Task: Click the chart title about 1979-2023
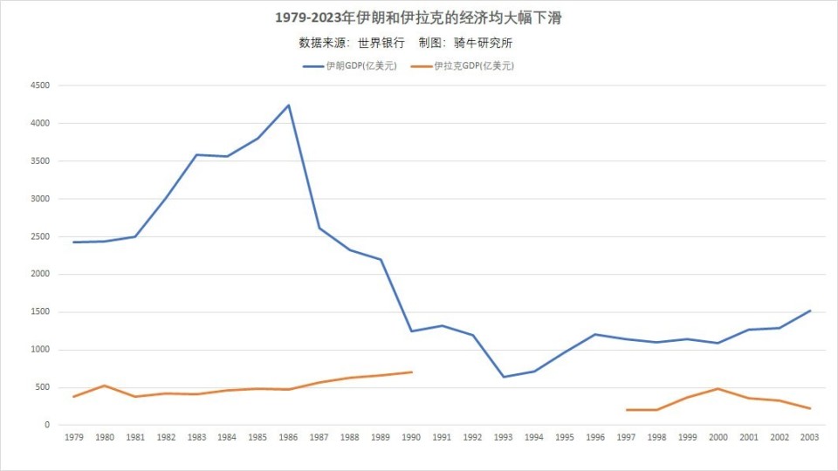coord(418,18)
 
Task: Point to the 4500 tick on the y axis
coord(40,85)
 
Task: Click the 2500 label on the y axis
coord(40,236)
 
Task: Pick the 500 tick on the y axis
coord(43,387)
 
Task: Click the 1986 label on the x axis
coord(288,437)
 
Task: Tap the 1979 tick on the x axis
coord(73,437)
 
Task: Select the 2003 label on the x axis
coord(810,437)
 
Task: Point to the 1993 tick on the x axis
coord(503,437)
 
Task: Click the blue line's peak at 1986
coord(288,106)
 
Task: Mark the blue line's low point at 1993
coord(503,377)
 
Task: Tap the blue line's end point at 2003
coord(810,311)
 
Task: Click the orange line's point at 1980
coord(104,386)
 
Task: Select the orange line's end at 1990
coord(411,372)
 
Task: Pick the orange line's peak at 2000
coord(718,388)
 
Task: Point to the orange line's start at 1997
coord(626,410)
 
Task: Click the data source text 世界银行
coord(381,42)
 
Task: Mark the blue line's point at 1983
coord(196,154)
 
